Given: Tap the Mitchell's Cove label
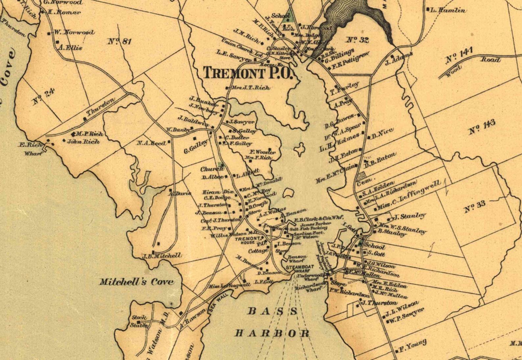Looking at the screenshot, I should coord(136,282).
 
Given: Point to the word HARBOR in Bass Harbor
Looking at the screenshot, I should coord(272,333).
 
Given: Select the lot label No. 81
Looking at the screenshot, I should coord(119,41).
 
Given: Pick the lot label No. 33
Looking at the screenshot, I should coord(474,206).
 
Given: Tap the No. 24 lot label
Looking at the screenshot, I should coord(43,97).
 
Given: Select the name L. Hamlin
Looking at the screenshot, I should coord(448,10).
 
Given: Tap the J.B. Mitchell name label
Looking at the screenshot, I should coord(161,255).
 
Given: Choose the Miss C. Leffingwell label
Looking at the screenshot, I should coord(409,196).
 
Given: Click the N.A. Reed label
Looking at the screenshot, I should coord(151,143).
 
